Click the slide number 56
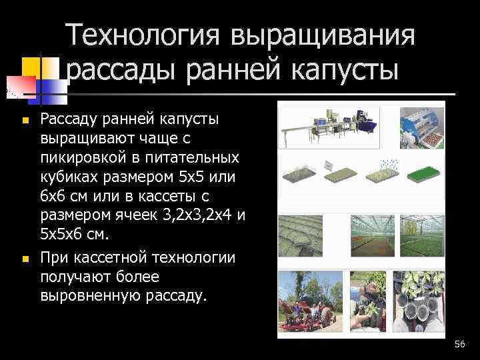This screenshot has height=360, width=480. [x=459, y=344]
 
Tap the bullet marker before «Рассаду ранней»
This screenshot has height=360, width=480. [x=24, y=120]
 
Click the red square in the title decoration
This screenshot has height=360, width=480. [x=21, y=85]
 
